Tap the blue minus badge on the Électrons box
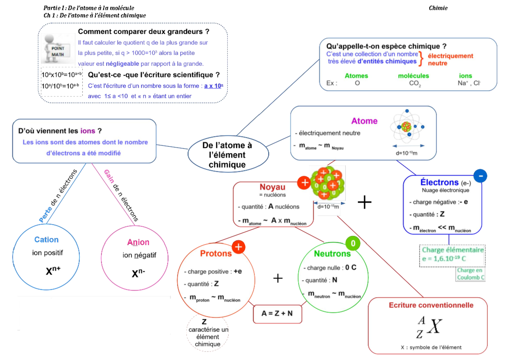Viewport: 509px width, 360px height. click(x=480, y=175)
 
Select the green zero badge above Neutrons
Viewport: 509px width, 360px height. click(x=353, y=243)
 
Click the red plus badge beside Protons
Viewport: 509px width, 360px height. click(x=238, y=247)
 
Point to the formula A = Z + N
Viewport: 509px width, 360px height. click(x=277, y=313)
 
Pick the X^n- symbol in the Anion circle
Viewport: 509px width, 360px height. click(x=139, y=273)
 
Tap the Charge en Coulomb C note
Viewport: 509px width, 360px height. click(x=470, y=273)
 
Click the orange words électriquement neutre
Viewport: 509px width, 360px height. click(x=450, y=59)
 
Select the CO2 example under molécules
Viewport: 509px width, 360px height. click(x=415, y=84)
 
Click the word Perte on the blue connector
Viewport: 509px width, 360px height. click(x=45, y=215)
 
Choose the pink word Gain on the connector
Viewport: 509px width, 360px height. click(x=109, y=176)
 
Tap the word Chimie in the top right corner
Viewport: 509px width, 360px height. click(x=438, y=8)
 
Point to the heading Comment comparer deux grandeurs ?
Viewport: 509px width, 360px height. click(x=143, y=32)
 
